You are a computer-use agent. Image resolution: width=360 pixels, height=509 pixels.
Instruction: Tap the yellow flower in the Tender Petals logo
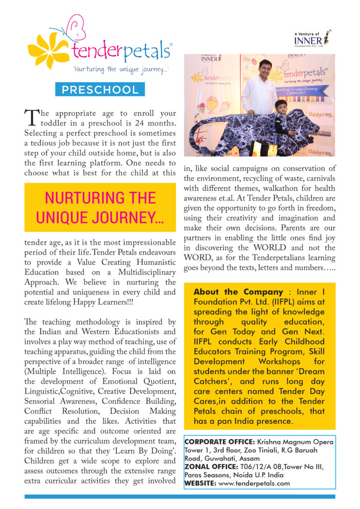pyautogui.click(x=48, y=50)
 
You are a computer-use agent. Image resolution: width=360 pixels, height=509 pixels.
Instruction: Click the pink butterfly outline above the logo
pyautogui.click(x=75, y=28)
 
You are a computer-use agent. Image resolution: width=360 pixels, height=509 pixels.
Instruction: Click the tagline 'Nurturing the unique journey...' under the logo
pyautogui.click(x=121, y=69)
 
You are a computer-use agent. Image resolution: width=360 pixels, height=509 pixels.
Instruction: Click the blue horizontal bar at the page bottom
pyautogui.click(x=180, y=496)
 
